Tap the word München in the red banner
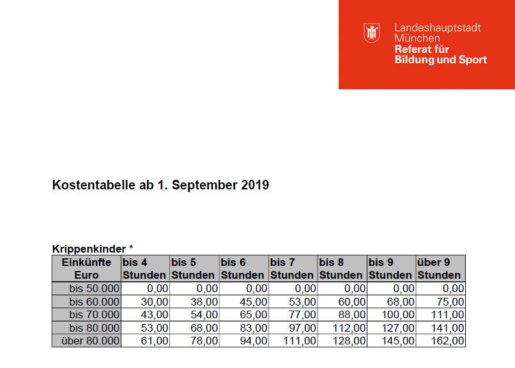417,38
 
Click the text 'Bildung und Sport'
440,60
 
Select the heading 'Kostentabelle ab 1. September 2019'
160,186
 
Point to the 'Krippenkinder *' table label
92,247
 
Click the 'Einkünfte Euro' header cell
86,269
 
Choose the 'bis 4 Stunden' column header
144,269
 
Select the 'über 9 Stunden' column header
440,269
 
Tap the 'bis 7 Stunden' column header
292,269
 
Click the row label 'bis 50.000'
94,289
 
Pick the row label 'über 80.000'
90,341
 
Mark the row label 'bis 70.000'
94,315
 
